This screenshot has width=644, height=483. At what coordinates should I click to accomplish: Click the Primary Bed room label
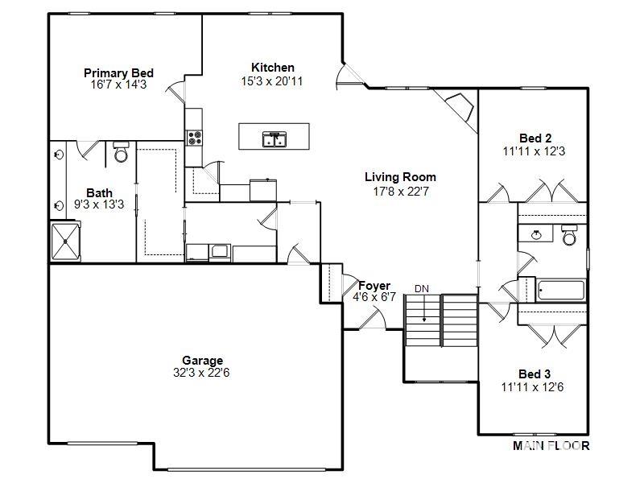click(x=118, y=73)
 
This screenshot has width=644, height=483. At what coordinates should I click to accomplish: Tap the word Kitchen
click(x=273, y=68)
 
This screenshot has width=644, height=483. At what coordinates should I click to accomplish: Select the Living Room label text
click(x=400, y=177)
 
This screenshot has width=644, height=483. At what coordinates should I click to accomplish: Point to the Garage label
click(x=202, y=361)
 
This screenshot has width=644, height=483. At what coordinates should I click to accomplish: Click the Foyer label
click(x=374, y=286)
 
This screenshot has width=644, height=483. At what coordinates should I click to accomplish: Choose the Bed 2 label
click(x=535, y=138)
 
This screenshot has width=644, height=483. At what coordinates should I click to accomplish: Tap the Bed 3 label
click(x=535, y=374)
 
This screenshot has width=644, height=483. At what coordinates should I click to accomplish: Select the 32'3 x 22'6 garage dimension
click(x=202, y=373)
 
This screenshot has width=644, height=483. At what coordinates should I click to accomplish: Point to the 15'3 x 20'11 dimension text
click(x=273, y=80)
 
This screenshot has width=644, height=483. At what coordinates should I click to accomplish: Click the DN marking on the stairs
click(x=423, y=288)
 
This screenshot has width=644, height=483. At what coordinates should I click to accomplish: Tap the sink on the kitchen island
click(x=273, y=140)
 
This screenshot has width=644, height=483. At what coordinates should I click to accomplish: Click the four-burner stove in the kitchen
click(x=194, y=138)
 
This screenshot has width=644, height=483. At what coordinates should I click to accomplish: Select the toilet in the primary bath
click(x=121, y=153)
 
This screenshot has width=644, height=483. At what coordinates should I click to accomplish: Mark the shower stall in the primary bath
click(x=66, y=241)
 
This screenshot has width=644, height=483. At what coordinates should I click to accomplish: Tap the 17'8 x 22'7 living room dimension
click(x=400, y=191)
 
